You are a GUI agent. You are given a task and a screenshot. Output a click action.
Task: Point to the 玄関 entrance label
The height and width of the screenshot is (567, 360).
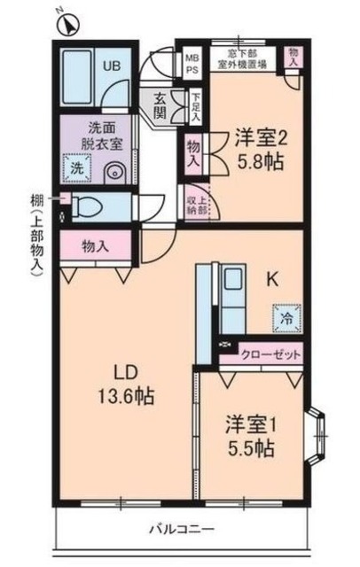[160, 106]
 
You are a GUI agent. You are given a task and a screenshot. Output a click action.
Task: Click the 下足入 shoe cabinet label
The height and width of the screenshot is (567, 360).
[195, 106]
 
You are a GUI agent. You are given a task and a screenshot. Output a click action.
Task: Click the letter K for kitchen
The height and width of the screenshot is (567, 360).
[275, 279]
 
